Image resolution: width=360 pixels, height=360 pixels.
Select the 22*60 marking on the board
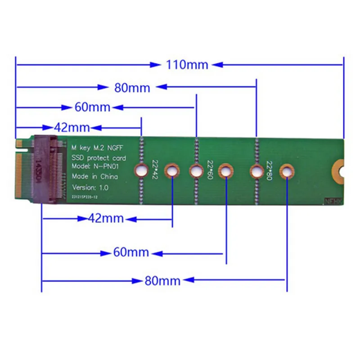[x=210, y=170]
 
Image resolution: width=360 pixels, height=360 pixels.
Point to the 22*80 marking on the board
[x=269, y=170]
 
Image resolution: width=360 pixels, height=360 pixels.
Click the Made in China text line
[x=95, y=176]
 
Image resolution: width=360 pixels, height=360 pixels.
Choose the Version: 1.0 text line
[x=90, y=187]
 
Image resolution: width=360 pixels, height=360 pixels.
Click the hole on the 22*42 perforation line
[x=141, y=171]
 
